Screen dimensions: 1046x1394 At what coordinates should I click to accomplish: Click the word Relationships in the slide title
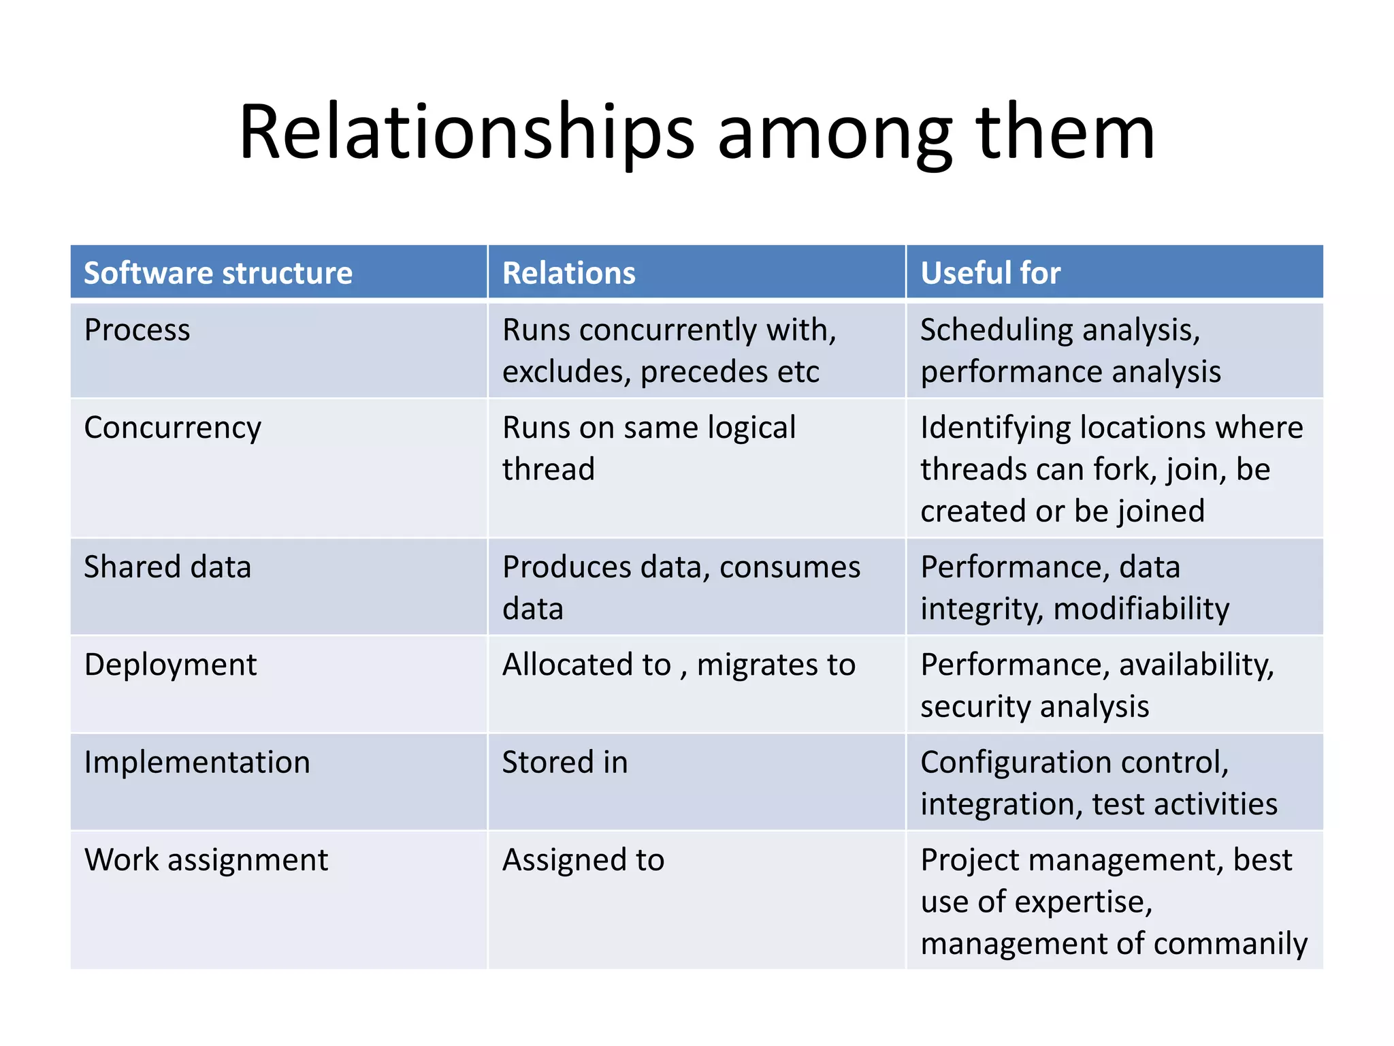[467, 133]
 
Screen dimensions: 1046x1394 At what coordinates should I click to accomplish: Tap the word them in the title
[1065, 133]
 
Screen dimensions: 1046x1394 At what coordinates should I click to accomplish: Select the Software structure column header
[218, 273]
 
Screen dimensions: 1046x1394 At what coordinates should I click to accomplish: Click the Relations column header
[568, 273]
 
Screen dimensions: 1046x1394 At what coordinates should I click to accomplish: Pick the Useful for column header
[990, 273]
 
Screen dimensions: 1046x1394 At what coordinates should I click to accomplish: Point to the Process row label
[137, 330]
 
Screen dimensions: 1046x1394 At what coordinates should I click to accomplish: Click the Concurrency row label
[172, 428]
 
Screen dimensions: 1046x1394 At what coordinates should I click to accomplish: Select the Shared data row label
[167, 567]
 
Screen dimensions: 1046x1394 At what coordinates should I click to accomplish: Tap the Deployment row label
[170, 665]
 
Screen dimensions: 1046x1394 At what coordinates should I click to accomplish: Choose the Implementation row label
[197, 763]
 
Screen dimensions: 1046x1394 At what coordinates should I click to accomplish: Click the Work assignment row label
[206, 860]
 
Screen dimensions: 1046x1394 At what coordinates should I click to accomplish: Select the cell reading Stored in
[565, 763]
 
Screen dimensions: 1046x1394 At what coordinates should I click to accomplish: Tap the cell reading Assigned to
[583, 860]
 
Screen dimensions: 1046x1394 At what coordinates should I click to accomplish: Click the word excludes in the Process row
[566, 373]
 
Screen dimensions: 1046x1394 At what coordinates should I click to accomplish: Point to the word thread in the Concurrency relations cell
[549, 470]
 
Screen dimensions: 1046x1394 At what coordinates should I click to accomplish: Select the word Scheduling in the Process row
[996, 331]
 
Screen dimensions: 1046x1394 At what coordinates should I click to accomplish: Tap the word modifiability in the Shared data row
[1141, 609]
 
